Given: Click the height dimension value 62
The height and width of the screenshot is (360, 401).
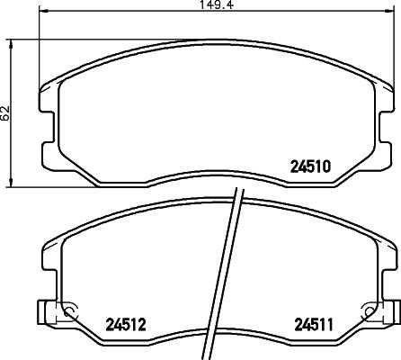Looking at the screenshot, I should click(6, 112).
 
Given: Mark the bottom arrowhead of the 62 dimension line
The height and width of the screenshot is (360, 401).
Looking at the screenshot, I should click(10, 183).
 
